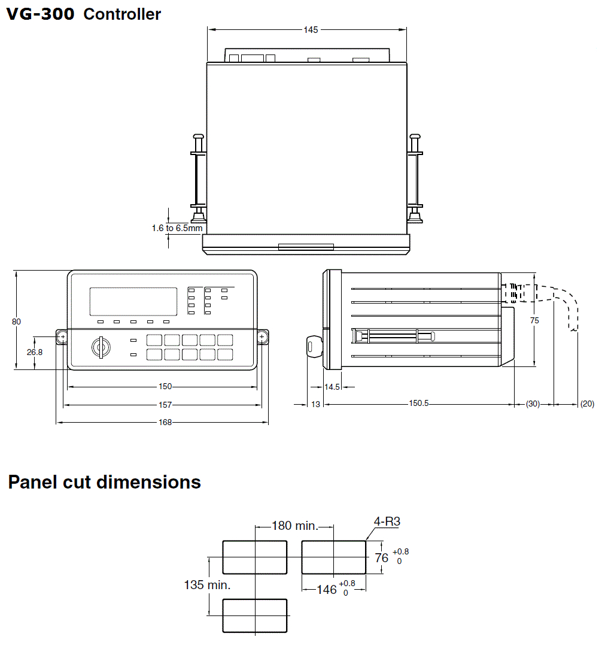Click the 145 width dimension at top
311,29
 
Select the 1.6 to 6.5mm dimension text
177,228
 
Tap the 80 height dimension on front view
17,322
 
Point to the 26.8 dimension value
35,352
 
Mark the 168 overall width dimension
166,423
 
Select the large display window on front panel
133,302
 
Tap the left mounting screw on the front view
62,338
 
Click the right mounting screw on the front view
263,338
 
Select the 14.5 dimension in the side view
332,387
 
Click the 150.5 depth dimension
419,404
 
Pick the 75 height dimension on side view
534,320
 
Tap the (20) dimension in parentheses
587,404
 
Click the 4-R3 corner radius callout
387,522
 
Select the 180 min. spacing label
294,526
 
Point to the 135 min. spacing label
207,585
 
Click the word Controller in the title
122,14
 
